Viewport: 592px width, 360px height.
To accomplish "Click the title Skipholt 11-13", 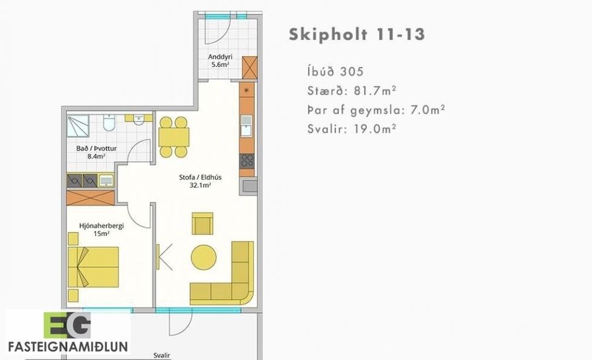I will click(x=356, y=34).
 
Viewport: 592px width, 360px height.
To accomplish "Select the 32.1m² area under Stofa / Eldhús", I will click(x=200, y=186).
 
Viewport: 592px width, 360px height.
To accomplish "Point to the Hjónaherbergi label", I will click(x=93, y=225).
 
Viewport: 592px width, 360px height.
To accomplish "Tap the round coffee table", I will click(x=203, y=257).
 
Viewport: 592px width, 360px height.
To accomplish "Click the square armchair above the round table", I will click(x=202, y=223).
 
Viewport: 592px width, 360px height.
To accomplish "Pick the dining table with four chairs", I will click(x=173, y=137).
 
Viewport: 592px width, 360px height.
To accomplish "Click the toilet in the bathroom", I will click(x=109, y=124).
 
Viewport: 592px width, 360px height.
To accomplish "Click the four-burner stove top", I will click(x=247, y=160).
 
